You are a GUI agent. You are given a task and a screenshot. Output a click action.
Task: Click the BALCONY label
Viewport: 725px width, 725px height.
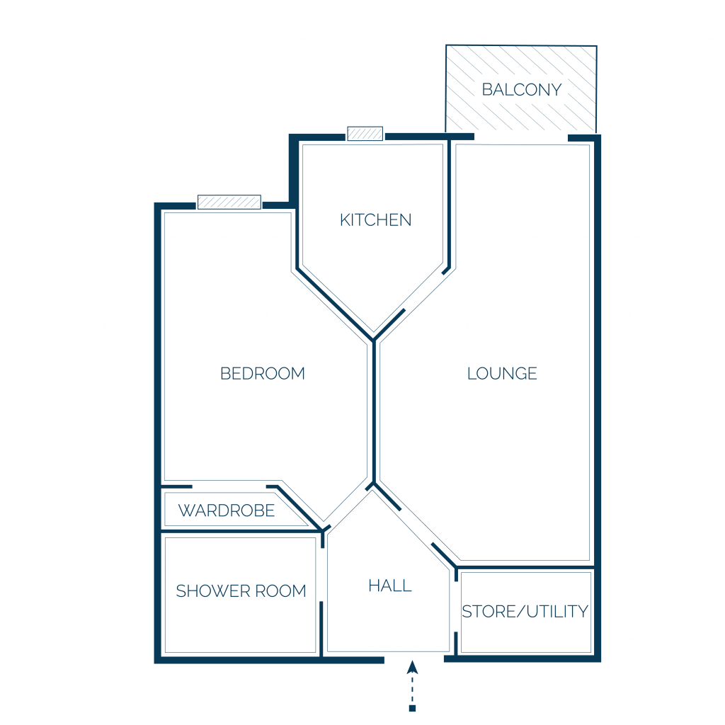coord(522,89)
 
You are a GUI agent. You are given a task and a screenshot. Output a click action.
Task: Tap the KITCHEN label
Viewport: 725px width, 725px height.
coord(375,219)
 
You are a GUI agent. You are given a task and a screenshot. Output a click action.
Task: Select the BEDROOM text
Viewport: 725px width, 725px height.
coord(263,373)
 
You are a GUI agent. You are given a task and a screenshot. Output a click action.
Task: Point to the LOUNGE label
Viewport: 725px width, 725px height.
coord(502,373)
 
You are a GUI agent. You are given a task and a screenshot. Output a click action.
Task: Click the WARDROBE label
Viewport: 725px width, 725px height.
coord(227,510)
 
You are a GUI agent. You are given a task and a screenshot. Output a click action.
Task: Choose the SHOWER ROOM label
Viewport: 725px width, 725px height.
coord(241,590)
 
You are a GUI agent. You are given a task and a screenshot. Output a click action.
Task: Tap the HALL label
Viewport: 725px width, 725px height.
coord(390,586)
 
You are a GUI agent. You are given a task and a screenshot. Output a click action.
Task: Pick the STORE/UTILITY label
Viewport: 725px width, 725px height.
coord(525,611)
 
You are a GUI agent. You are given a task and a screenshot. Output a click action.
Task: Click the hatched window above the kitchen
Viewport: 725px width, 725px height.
coord(365,134)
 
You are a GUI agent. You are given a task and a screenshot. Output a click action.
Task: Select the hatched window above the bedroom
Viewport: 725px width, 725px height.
coord(229,202)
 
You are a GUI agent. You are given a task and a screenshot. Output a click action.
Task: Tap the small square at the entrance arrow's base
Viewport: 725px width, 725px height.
coord(413,708)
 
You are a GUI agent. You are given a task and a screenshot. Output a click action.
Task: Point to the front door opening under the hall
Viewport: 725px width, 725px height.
coord(413,659)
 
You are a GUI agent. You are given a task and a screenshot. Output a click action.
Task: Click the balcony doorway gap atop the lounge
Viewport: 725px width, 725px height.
coord(521,137)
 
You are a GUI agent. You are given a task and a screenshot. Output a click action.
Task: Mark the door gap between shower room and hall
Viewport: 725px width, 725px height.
coord(322,575)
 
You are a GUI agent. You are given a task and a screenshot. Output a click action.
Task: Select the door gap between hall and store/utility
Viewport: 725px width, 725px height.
coord(456,607)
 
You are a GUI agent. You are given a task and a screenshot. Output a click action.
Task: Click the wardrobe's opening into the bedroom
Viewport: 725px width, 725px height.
coord(229,486)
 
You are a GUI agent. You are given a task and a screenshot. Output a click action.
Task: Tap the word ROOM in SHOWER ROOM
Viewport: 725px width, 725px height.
coord(280,590)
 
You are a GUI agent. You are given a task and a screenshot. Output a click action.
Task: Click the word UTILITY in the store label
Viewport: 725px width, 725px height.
coord(557,611)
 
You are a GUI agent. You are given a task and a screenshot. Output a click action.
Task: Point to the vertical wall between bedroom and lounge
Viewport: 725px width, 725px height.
coord(374,411)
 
